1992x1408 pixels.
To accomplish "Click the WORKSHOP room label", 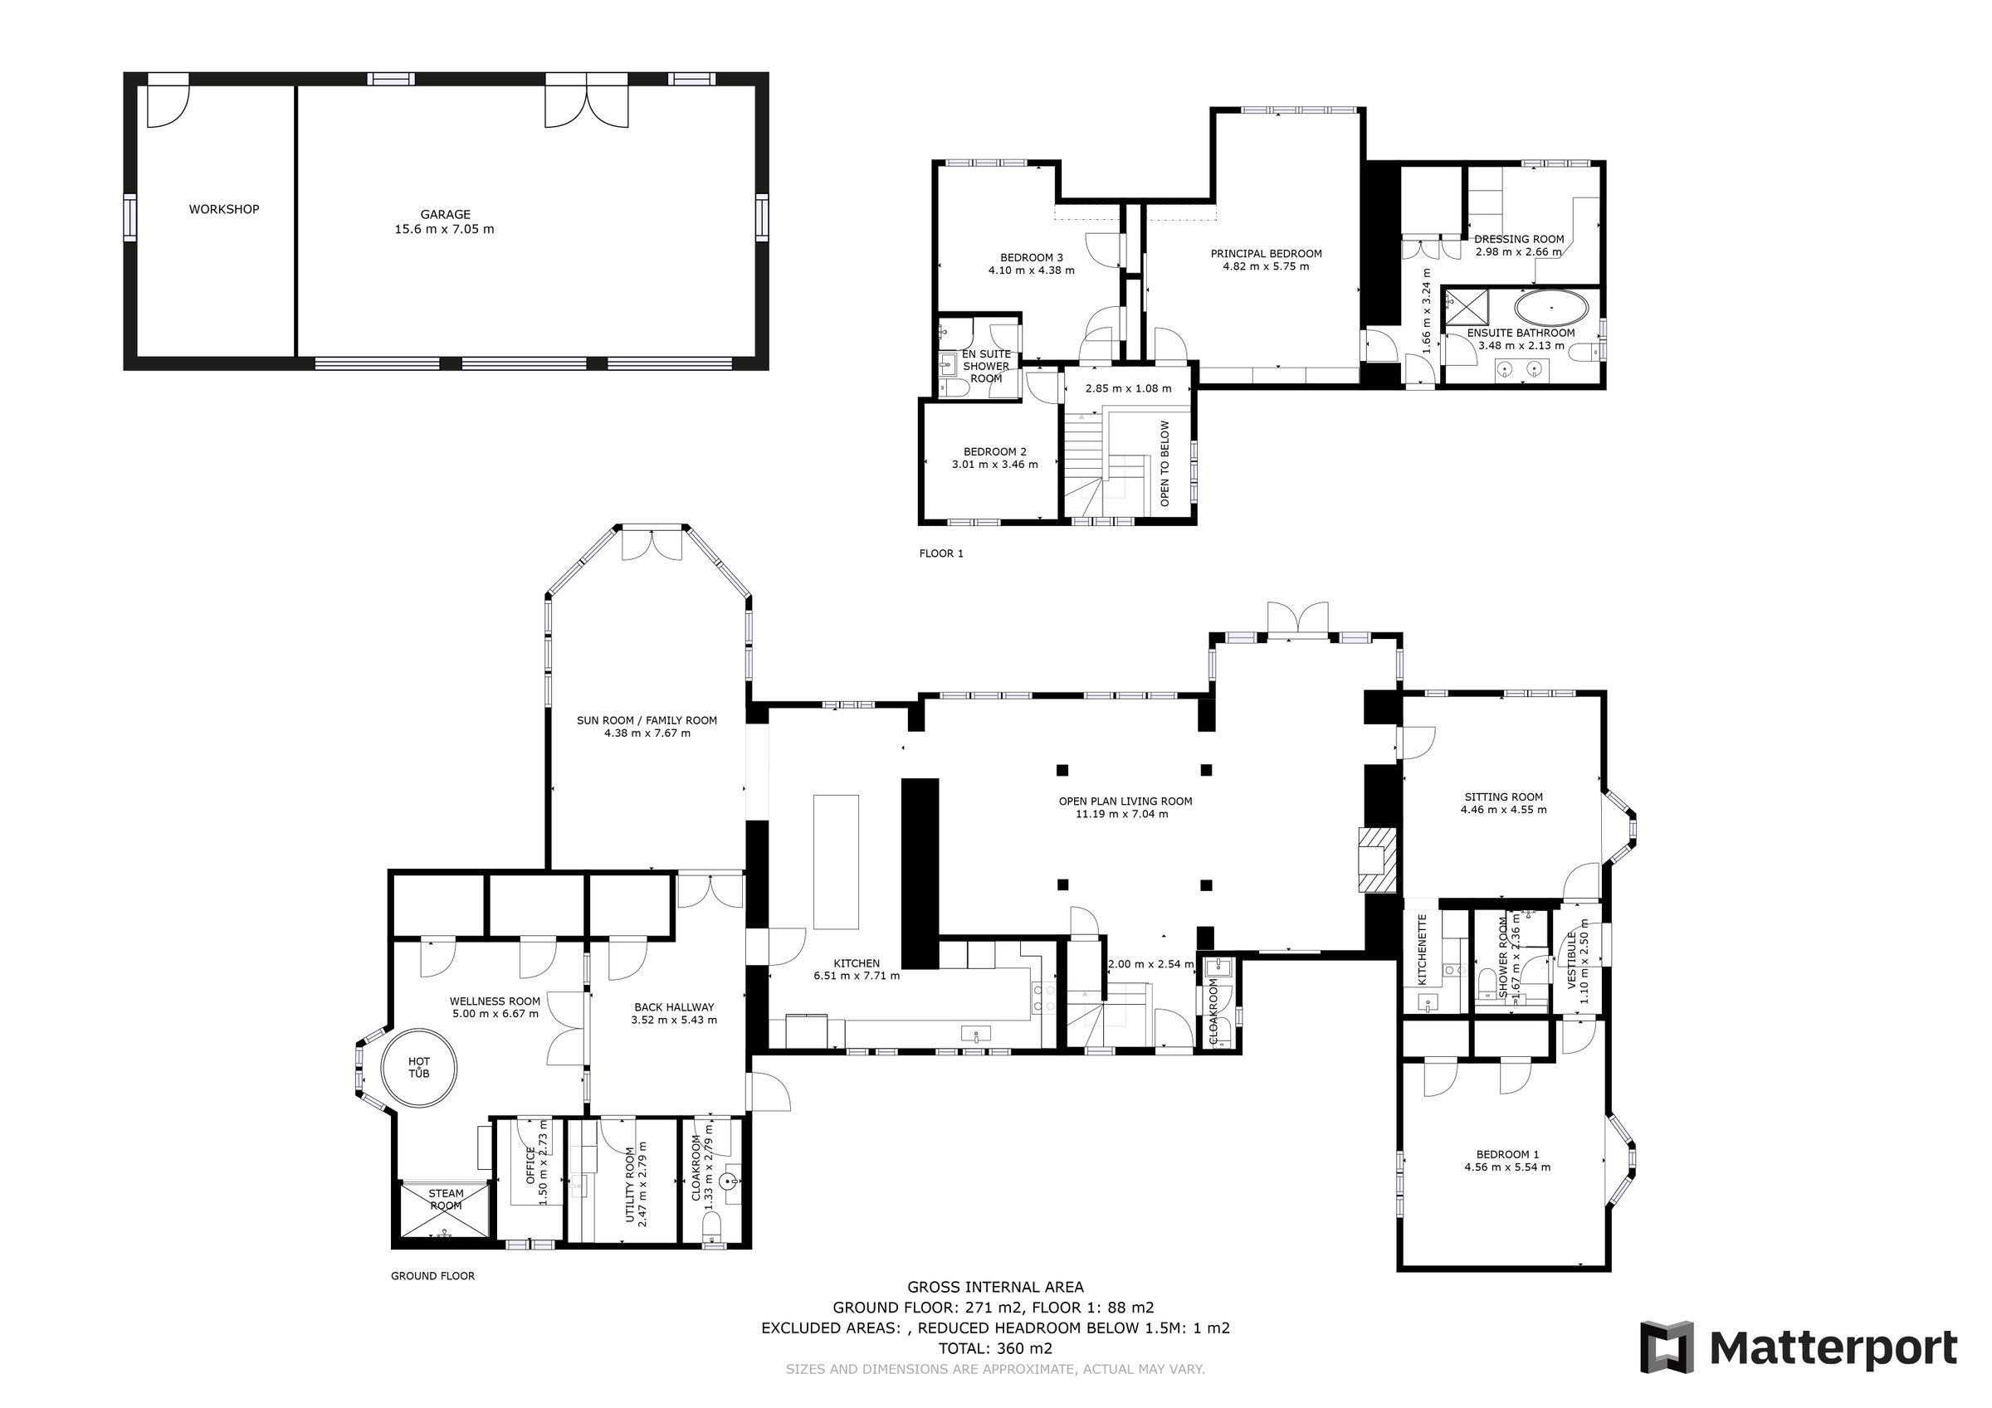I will tap(224, 209).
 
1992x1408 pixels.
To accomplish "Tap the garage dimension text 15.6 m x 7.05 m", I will tap(444, 229).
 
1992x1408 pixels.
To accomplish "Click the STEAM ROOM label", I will tap(445, 1200).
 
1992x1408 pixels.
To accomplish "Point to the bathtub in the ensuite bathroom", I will tap(1551, 308).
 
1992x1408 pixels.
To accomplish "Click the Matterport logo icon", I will tap(1667, 1347).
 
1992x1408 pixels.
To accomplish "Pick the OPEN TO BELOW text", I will tap(1164, 463).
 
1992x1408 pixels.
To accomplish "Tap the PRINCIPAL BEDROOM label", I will tap(1266, 253).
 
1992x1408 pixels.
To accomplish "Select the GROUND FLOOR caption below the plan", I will tap(432, 1276).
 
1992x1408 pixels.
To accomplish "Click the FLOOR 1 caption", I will tap(941, 553).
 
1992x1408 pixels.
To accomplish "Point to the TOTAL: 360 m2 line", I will tap(995, 1348).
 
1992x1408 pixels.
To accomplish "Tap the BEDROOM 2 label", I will tap(994, 451).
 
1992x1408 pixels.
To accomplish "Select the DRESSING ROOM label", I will tap(1519, 239).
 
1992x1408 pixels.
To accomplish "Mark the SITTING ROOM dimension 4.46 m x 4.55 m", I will tap(1503, 810).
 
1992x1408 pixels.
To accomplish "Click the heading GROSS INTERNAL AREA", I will tap(995, 1288).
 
